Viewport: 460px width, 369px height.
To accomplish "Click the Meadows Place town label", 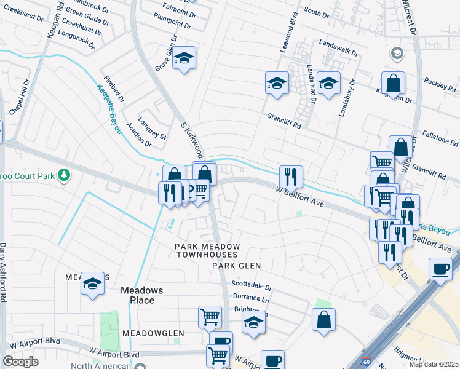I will pyautogui.click(x=137, y=295).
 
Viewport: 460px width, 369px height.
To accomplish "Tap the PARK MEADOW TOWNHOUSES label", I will pyautogui.click(x=206, y=250).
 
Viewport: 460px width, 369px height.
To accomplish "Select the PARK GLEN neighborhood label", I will pyautogui.click(x=237, y=266).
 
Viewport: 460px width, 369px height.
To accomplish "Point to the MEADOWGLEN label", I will pyautogui.click(x=153, y=333).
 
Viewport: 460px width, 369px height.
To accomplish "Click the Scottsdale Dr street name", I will pyautogui.click(x=252, y=287).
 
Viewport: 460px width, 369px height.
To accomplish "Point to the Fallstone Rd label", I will pyautogui.click(x=439, y=136).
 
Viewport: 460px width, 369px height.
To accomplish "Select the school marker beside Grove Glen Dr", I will pyautogui.click(x=183, y=58).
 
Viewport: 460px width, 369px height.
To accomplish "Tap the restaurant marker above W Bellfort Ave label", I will pyautogui.click(x=291, y=176).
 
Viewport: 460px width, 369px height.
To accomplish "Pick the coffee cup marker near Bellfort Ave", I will pyautogui.click(x=440, y=269).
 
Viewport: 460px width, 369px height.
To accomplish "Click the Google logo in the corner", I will pyautogui.click(x=20, y=362).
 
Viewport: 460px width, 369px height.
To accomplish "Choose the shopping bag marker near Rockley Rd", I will pyautogui.click(x=393, y=82).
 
